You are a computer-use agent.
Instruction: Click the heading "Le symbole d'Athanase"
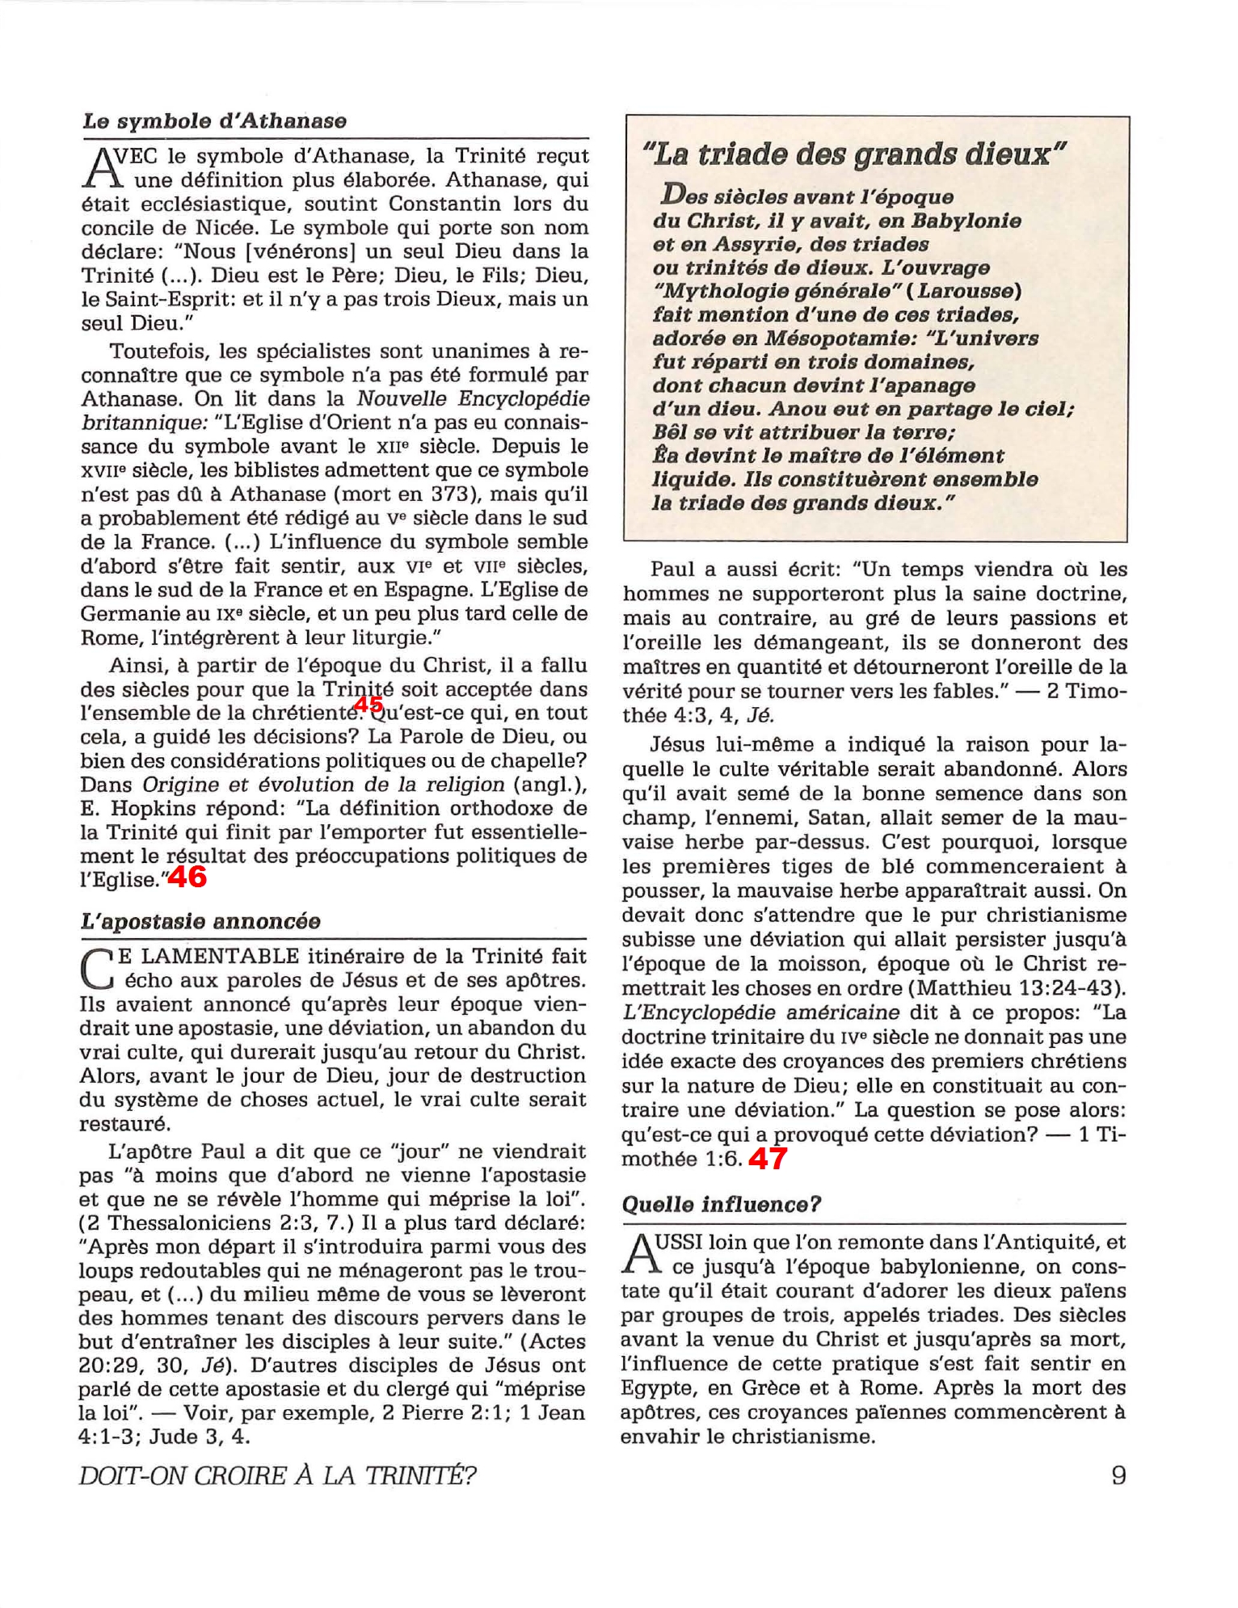214,121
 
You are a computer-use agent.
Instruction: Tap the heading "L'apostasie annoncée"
200,921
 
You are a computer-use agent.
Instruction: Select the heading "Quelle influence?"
721,1205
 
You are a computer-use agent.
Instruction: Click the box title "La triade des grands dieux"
853,154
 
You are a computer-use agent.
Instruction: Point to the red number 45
368,705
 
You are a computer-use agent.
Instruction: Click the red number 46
187,878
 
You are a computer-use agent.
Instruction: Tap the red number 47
767,1159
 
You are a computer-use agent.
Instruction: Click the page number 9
1118,1475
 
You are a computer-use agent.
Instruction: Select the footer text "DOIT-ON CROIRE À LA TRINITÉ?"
277,1476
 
